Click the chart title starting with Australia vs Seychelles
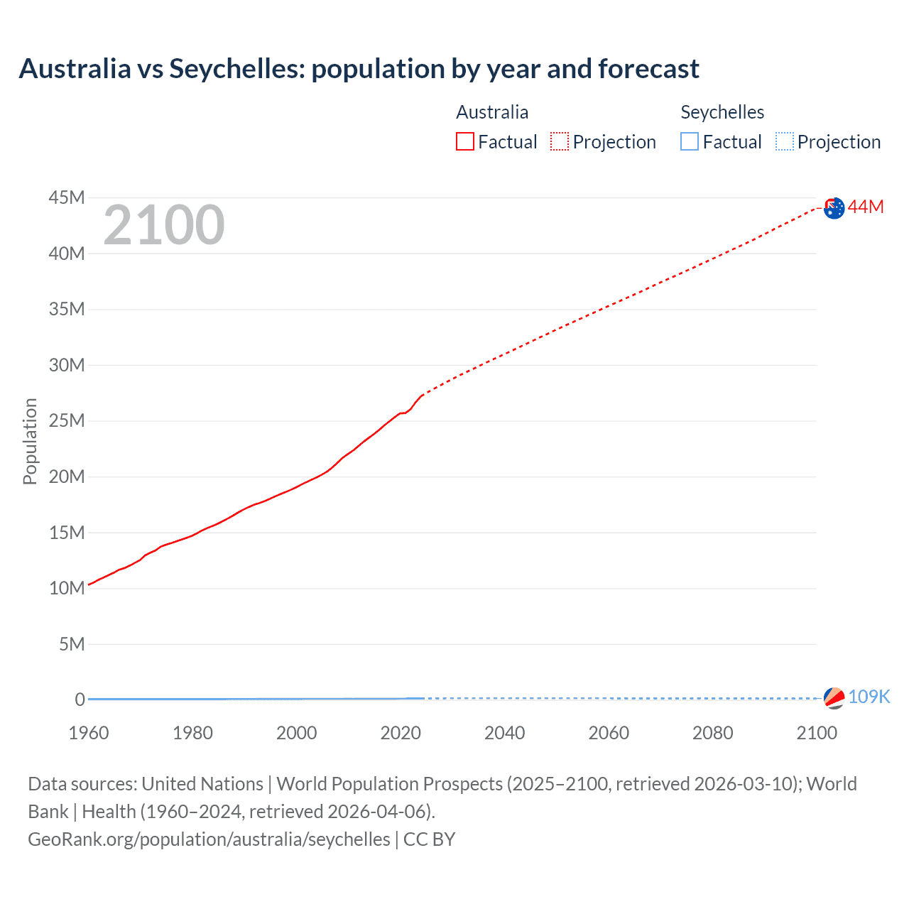click(x=359, y=69)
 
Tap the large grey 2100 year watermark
click(x=164, y=225)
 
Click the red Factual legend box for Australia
click(x=465, y=142)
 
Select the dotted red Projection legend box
click(x=560, y=142)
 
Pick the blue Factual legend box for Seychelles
click(x=690, y=142)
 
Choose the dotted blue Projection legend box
click(x=784, y=142)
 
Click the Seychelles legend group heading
click(x=722, y=112)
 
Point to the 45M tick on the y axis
click(x=67, y=197)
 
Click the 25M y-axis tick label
click(x=67, y=420)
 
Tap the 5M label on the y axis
click(x=72, y=644)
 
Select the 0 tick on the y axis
click(x=80, y=700)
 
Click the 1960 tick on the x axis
click(x=89, y=733)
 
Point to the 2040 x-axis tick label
click(x=504, y=733)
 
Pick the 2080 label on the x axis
click(x=712, y=733)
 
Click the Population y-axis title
click(x=30, y=441)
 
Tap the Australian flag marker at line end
click(x=834, y=208)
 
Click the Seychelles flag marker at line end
click(x=834, y=698)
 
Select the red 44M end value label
click(x=866, y=207)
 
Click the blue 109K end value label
click(x=869, y=697)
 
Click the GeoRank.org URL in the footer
click(x=209, y=839)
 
